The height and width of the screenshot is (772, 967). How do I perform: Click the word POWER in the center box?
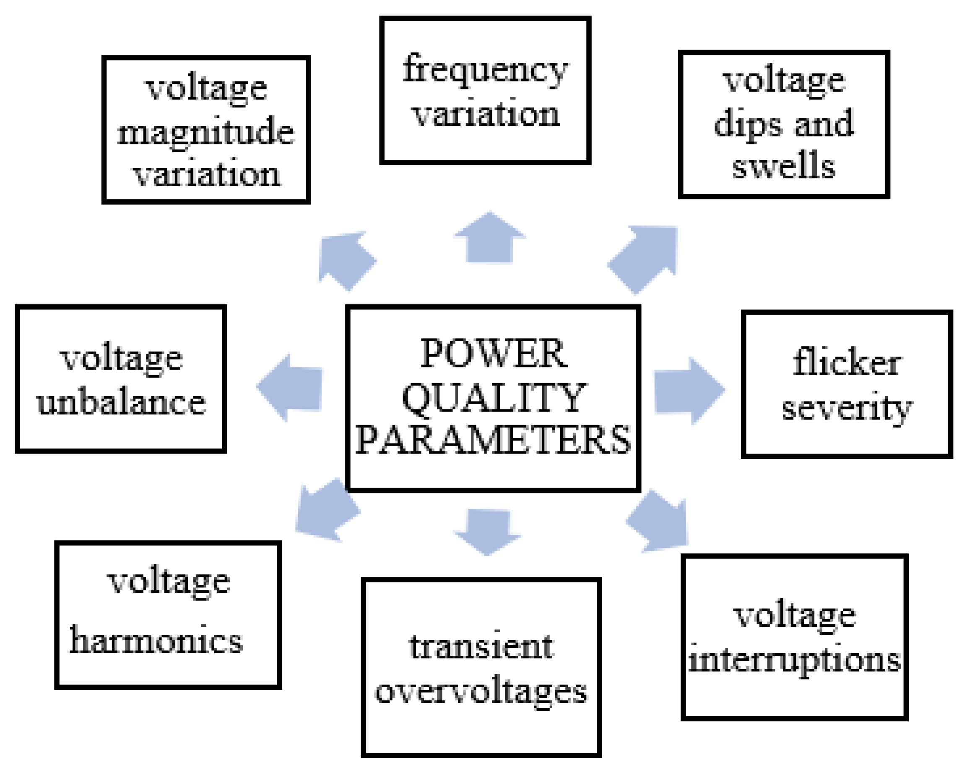click(x=494, y=354)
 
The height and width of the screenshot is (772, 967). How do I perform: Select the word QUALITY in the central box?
click(x=494, y=398)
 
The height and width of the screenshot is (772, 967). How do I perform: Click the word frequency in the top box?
click(x=485, y=70)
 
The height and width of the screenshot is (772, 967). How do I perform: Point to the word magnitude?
click(x=205, y=132)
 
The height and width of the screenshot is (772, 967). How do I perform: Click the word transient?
click(x=481, y=647)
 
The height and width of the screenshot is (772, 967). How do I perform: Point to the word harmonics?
click(x=156, y=641)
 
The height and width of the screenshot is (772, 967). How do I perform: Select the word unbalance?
click(x=121, y=403)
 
